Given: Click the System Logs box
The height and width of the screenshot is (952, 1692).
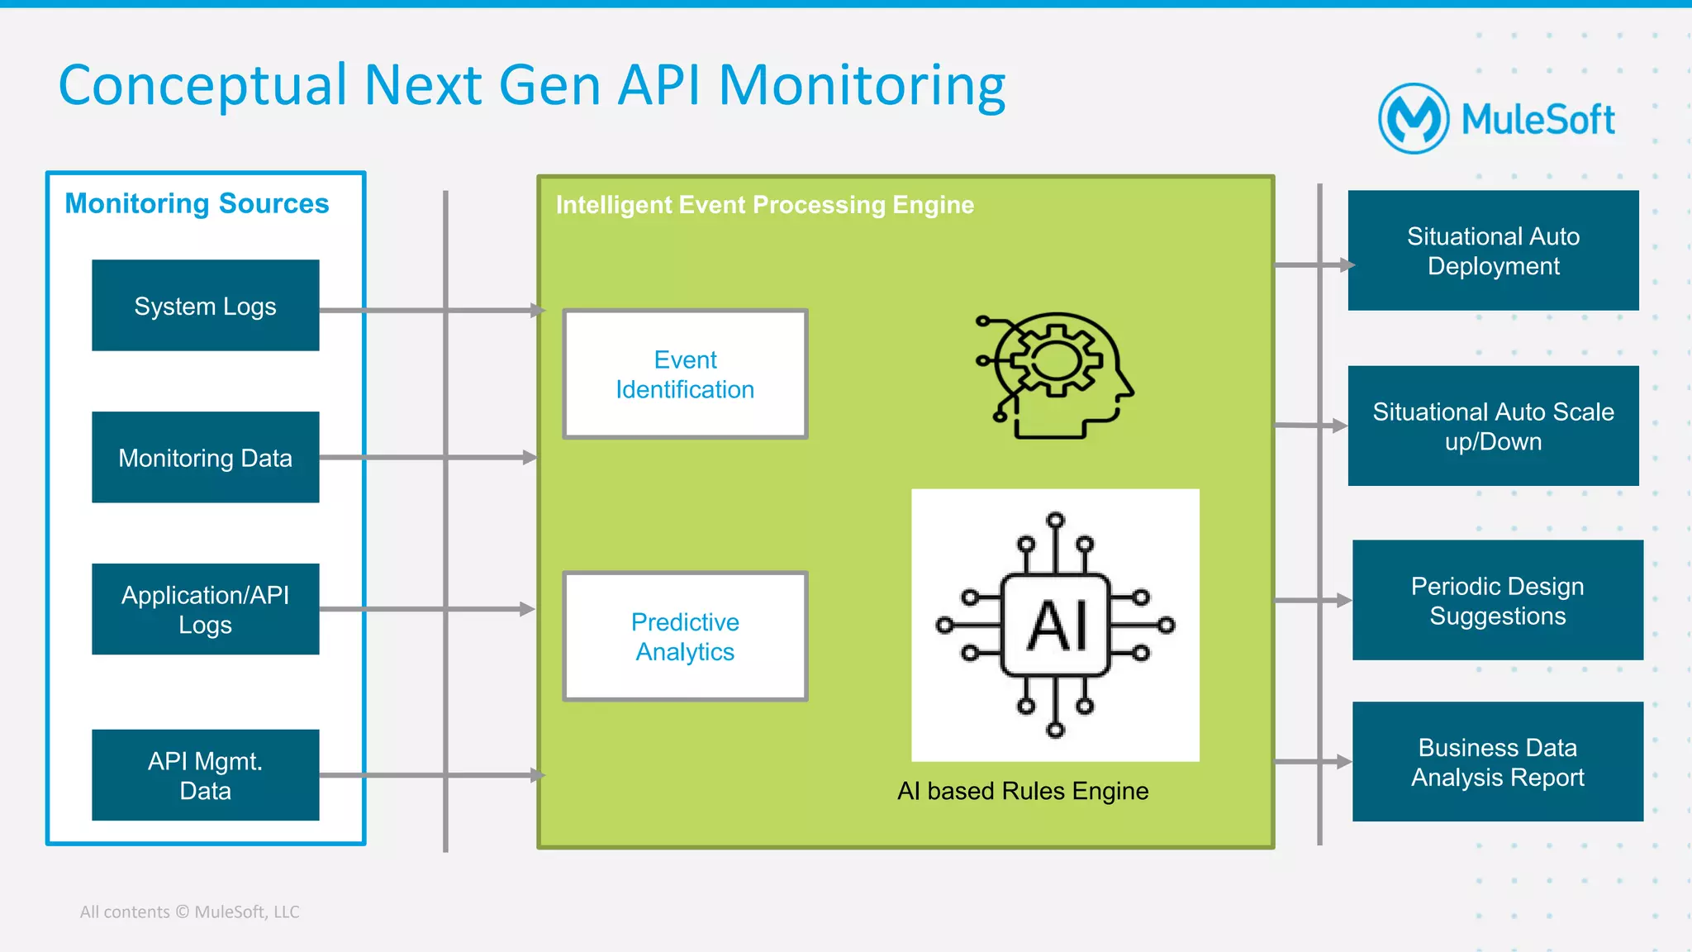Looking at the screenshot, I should [205, 306].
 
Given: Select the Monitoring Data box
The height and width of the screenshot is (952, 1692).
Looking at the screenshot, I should [205, 457].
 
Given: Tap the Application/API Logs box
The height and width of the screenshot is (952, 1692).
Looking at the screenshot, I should [205, 609].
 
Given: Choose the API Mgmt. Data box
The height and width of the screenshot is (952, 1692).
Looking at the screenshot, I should [205, 775].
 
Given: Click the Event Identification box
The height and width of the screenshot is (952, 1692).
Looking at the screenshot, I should [685, 374].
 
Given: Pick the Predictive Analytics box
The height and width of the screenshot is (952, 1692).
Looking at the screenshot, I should [685, 636].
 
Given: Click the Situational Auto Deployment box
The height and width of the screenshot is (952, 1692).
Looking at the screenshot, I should [1493, 251].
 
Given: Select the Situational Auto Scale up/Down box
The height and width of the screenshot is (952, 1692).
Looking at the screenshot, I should [1493, 426].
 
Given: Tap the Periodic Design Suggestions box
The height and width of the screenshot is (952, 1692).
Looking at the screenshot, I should [1497, 601].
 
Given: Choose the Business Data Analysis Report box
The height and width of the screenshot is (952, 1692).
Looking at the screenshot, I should [1497, 762].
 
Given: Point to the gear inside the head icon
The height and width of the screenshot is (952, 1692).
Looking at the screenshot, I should [1053, 360].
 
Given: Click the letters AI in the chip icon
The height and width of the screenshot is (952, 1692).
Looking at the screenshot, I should [1056, 626].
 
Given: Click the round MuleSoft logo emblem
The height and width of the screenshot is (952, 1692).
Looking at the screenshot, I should [1414, 119].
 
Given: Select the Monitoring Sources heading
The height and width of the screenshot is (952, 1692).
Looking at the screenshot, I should [197, 203].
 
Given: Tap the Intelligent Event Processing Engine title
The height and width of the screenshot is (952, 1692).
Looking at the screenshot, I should [764, 205].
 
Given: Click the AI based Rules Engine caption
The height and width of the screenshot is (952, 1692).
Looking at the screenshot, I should [1023, 791].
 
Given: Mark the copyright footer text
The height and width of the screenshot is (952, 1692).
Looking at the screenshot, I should [189, 912].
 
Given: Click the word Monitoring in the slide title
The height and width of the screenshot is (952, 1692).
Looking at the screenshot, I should [862, 86].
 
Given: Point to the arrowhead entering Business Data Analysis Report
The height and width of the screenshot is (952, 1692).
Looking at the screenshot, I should [1344, 762].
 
